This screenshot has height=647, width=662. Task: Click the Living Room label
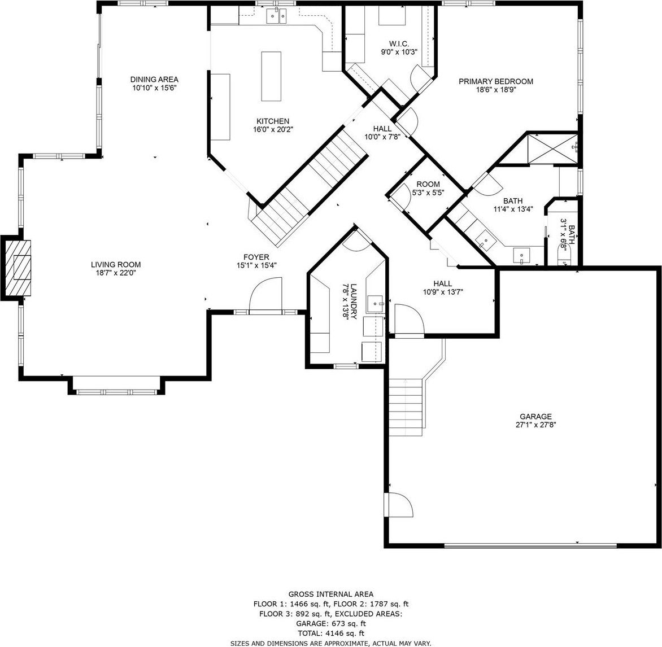click(x=116, y=265)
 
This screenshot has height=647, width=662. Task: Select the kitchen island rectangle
click(x=271, y=76)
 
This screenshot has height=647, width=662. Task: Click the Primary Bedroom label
click(x=496, y=81)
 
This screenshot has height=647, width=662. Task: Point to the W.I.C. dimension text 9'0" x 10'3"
click(x=399, y=53)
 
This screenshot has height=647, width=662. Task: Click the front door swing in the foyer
click(x=265, y=295)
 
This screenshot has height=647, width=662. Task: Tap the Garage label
click(x=535, y=417)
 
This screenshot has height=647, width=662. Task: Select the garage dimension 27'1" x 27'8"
click(x=535, y=425)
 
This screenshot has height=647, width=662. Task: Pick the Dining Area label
click(x=154, y=80)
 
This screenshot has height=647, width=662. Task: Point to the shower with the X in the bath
click(x=551, y=148)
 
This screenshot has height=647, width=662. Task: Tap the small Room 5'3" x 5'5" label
click(x=428, y=185)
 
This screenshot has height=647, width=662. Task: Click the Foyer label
click(x=256, y=257)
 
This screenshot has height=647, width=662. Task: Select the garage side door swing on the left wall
click(x=398, y=504)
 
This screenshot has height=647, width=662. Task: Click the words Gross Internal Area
click(x=331, y=594)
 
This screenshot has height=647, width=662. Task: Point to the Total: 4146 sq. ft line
click(x=331, y=633)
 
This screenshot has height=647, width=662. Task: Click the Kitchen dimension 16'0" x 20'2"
click(x=273, y=129)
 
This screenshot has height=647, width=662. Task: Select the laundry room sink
click(x=375, y=304)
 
